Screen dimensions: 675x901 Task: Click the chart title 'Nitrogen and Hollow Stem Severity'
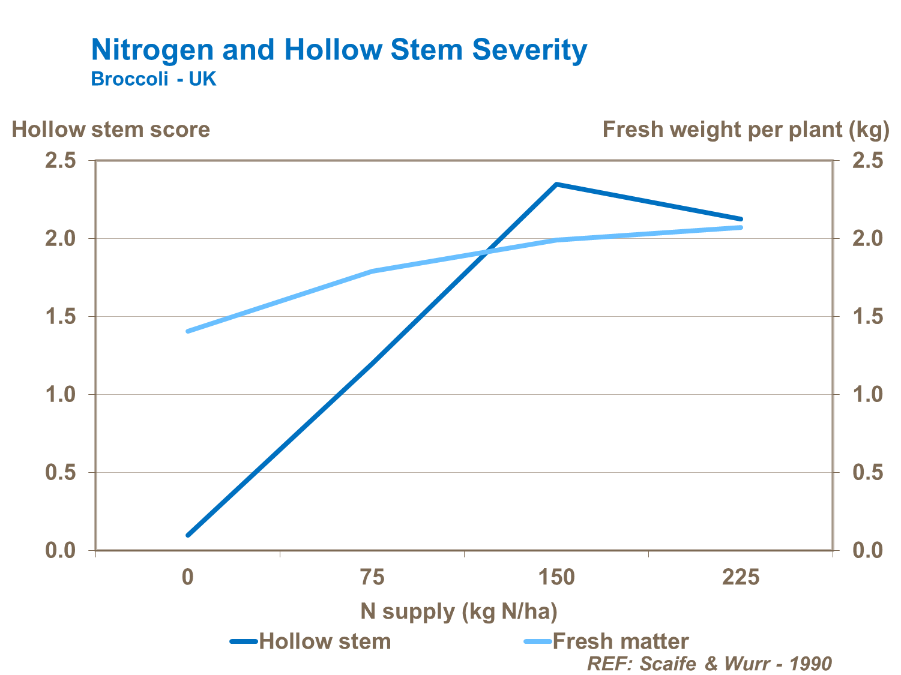[x=339, y=50]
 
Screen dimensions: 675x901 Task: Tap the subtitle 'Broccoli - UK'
[x=153, y=79]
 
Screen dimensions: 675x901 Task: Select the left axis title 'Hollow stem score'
[x=111, y=130]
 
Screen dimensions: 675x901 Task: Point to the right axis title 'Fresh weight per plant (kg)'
[x=746, y=130]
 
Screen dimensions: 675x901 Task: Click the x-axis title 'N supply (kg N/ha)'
[x=459, y=611]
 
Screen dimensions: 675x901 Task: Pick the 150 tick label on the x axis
[x=556, y=578]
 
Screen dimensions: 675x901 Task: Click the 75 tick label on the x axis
[x=372, y=578]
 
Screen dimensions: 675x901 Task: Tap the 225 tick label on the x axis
[x=740, y=578]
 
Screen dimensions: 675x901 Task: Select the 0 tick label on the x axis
[x=188, y=578]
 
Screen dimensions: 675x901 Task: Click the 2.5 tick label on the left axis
[x=61, y=161]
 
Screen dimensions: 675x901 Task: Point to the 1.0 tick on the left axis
[x=61, y=395]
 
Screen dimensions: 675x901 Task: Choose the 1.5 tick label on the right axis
[x=868, y=317]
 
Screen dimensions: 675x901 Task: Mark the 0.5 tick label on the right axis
[x=868, y=473]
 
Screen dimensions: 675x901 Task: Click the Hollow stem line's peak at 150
[x=556, y=184]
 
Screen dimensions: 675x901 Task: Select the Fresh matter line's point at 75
[x=372, y=271]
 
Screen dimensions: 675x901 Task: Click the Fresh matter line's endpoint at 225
[x=740, y=227]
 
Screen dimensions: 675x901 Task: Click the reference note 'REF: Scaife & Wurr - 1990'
[x=709, y=664]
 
